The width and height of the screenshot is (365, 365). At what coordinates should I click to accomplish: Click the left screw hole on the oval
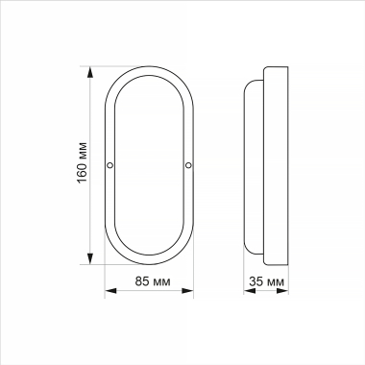point(110,166)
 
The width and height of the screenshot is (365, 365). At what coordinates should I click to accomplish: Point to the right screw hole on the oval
point(188,166)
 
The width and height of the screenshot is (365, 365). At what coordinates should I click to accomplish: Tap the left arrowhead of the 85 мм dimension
point(107,295)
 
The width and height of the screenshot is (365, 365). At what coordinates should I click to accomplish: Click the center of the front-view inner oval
point(149,164)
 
